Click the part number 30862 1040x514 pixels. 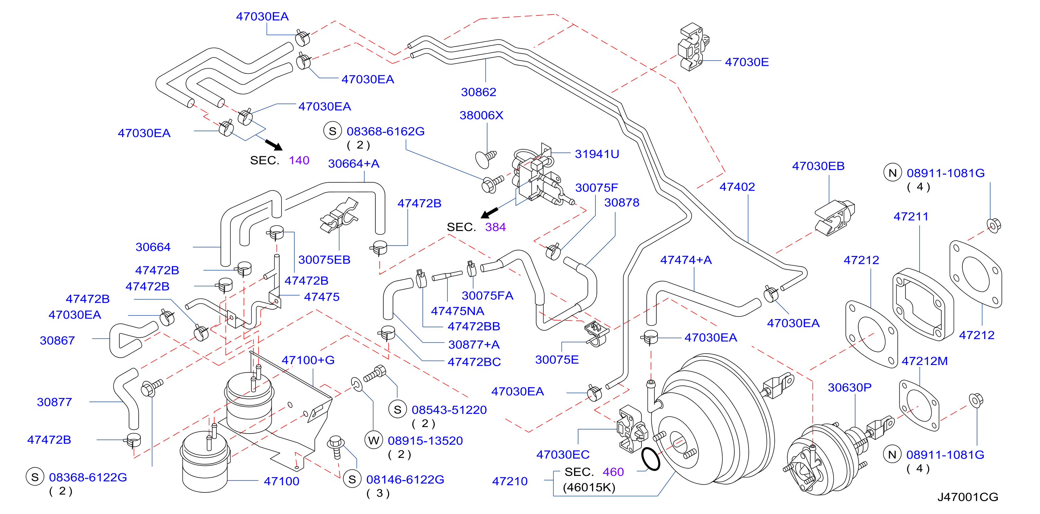coord(478,92)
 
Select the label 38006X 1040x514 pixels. coord(481,115)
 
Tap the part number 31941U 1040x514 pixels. coord(597,154)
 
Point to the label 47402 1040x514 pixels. coord(737,187)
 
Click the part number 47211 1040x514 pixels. coord(911,216)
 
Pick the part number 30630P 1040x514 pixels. coord(850,388)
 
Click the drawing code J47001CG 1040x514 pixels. coord(967,497)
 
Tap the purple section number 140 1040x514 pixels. coord(299,160)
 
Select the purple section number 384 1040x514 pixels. coord(495,227)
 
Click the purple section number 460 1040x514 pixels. coord(613,472)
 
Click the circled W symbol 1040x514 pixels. coord(374,441)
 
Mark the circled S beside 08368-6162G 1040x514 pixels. coord(333,131)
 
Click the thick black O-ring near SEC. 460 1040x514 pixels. coord(651,459)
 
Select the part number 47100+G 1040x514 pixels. coord(308,360)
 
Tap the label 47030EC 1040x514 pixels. coord(563,455)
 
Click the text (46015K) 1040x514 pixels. coord(589,488)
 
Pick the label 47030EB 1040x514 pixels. coord(818,166)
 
